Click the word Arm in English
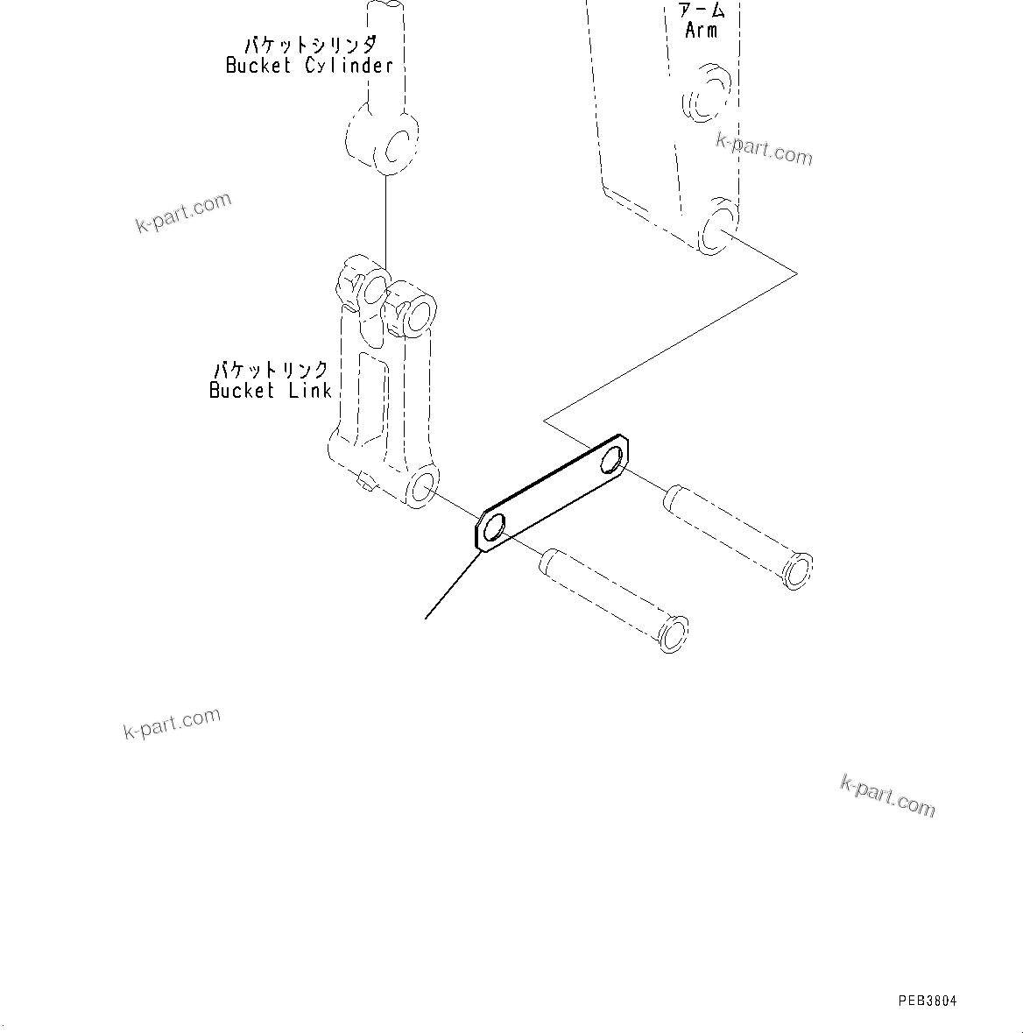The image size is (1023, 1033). click(x=701, y=31)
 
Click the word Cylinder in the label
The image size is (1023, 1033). click(x=349, y=67)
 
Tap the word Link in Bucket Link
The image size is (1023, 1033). click(x=309, y=391)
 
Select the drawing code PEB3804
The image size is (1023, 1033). click(x=927, y=1001)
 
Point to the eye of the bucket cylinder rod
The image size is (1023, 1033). click(x=396, y=147)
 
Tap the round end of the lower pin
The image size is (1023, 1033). click(x=674, y=634)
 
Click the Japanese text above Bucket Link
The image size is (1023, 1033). click(x=272, y=371)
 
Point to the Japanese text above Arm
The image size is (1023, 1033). click(x=702, y=10)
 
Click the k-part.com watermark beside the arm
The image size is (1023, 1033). click(x=764, y=150)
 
